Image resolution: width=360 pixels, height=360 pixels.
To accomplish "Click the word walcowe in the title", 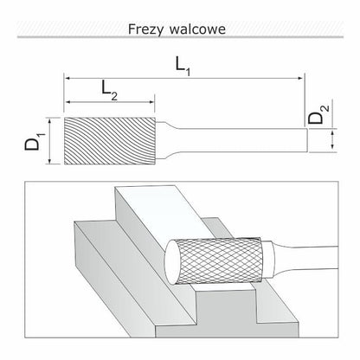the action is [x=197, y=29].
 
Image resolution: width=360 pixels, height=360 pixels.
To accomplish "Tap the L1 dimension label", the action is [x=183, y=67].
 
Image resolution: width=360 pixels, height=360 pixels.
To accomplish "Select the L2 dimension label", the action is [x=110, y=90].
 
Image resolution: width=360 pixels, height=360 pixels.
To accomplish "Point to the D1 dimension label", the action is [x=35, y=141].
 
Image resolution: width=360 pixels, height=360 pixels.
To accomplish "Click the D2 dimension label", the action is [x=318, y=114].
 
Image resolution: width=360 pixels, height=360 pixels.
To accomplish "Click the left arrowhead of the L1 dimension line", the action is [x=67, y=78].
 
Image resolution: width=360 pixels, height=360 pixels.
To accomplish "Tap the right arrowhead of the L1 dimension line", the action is [x=301, y=78].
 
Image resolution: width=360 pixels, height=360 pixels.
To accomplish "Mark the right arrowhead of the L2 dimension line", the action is [x=151, y=102].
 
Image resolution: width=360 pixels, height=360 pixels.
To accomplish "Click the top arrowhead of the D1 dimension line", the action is [x=50, y=121].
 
